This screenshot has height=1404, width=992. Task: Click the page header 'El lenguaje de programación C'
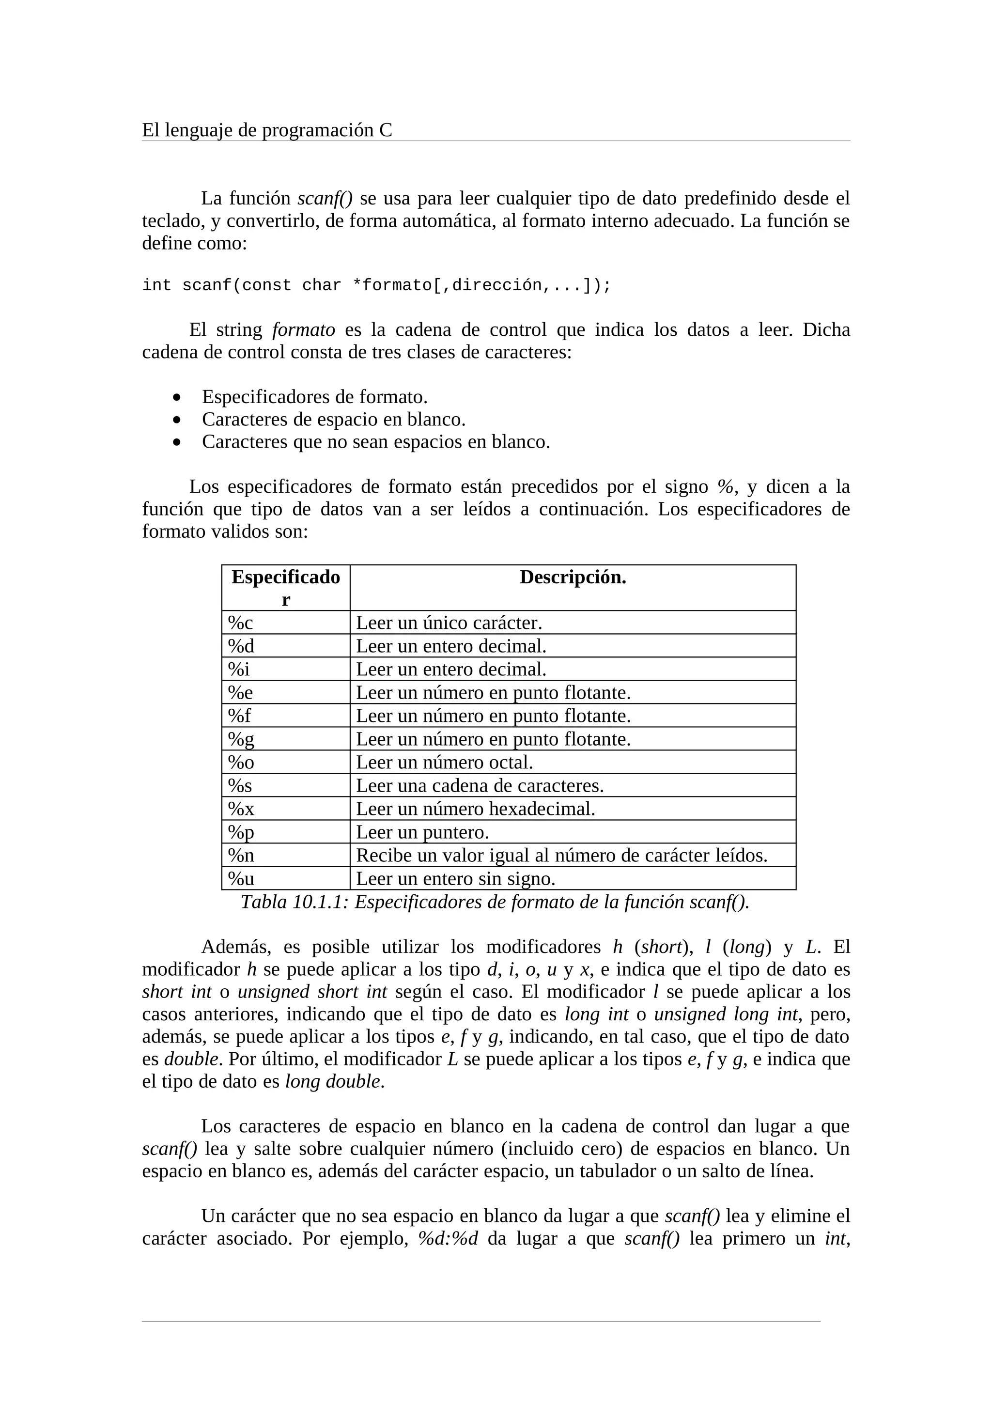[x=266, y=130]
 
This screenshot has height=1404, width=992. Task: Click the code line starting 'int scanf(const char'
[x=376, y=285]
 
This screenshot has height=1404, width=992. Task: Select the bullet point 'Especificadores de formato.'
[x=314, y=397]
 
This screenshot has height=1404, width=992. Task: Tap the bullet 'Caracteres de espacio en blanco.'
[x=333, y=420]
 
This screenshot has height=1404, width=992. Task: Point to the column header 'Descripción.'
[x=572, y=577]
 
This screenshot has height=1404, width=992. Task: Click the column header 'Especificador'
[x=285, y=588]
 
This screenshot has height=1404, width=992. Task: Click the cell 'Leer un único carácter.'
[x=449, y=623]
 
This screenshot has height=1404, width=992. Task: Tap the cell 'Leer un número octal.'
[x=444, y=762]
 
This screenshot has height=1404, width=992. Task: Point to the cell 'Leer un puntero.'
[x=422, y=832]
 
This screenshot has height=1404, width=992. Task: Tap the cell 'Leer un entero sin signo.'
[x=455, y=879]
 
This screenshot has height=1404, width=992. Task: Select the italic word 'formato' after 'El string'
[x=303, y=330]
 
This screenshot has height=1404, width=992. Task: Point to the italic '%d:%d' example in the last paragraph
[x=448, y=1239]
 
